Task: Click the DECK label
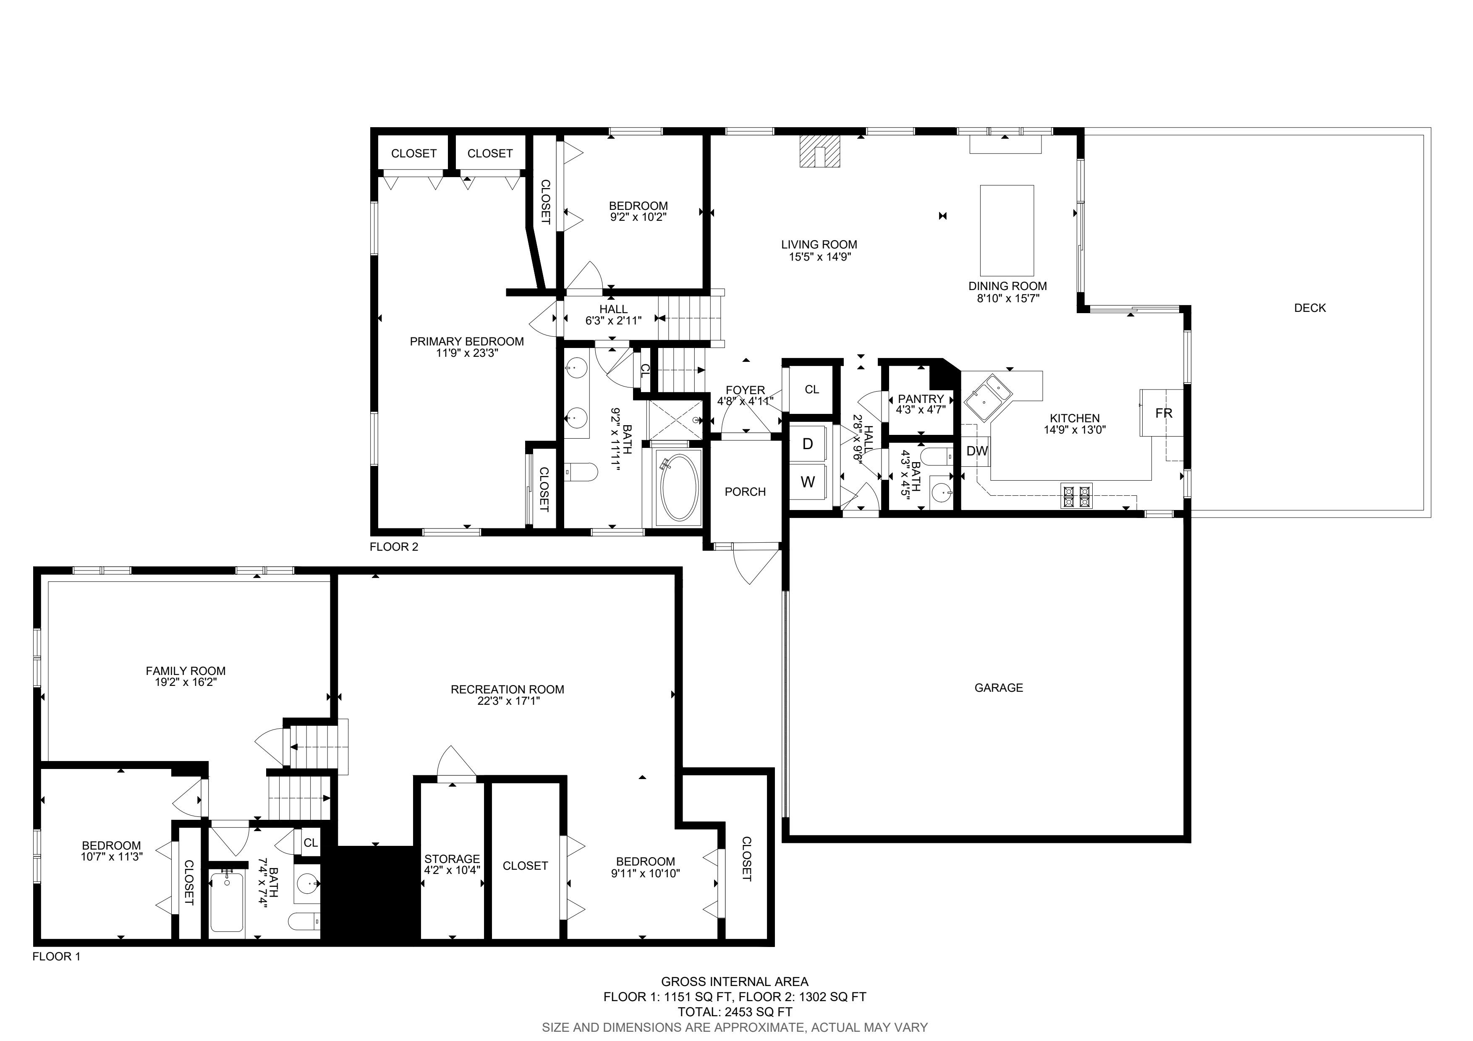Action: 1309,308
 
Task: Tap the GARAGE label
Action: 998,688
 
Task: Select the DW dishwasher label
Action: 977,451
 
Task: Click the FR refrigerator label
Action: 1163,413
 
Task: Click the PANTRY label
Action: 921,399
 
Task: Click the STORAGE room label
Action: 452,859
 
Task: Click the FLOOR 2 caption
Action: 394,547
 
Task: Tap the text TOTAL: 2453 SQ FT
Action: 735,1012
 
